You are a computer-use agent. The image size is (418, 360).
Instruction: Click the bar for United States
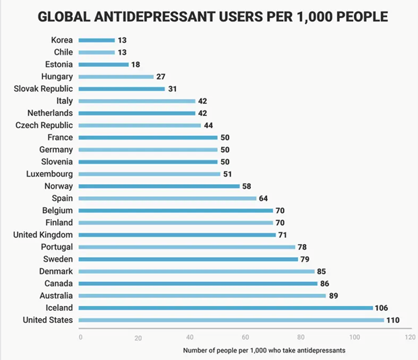tap(231, 320)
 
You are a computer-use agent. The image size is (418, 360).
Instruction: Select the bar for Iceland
tap(226, 307)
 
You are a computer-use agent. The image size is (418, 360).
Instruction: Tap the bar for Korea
tap(96, 40)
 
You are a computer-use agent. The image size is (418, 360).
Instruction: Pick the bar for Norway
tap(159, 186)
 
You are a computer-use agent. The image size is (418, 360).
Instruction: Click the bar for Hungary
tap(116, 77)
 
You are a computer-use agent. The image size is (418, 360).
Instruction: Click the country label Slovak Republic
tap(43, 89)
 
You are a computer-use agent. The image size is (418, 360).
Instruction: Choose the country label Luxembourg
tap(46, 174)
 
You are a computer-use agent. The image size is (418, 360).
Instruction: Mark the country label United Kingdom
tap(43, 235)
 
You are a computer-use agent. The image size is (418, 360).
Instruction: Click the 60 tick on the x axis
tap(245, 336)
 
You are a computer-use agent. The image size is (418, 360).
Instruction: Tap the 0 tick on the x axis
tap(80, 336)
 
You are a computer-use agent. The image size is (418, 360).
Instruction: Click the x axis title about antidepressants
tap(262, 351)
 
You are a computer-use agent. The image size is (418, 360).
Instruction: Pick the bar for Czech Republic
tap(140, 125)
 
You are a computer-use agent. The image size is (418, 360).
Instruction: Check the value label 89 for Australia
tap(333, 295)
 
